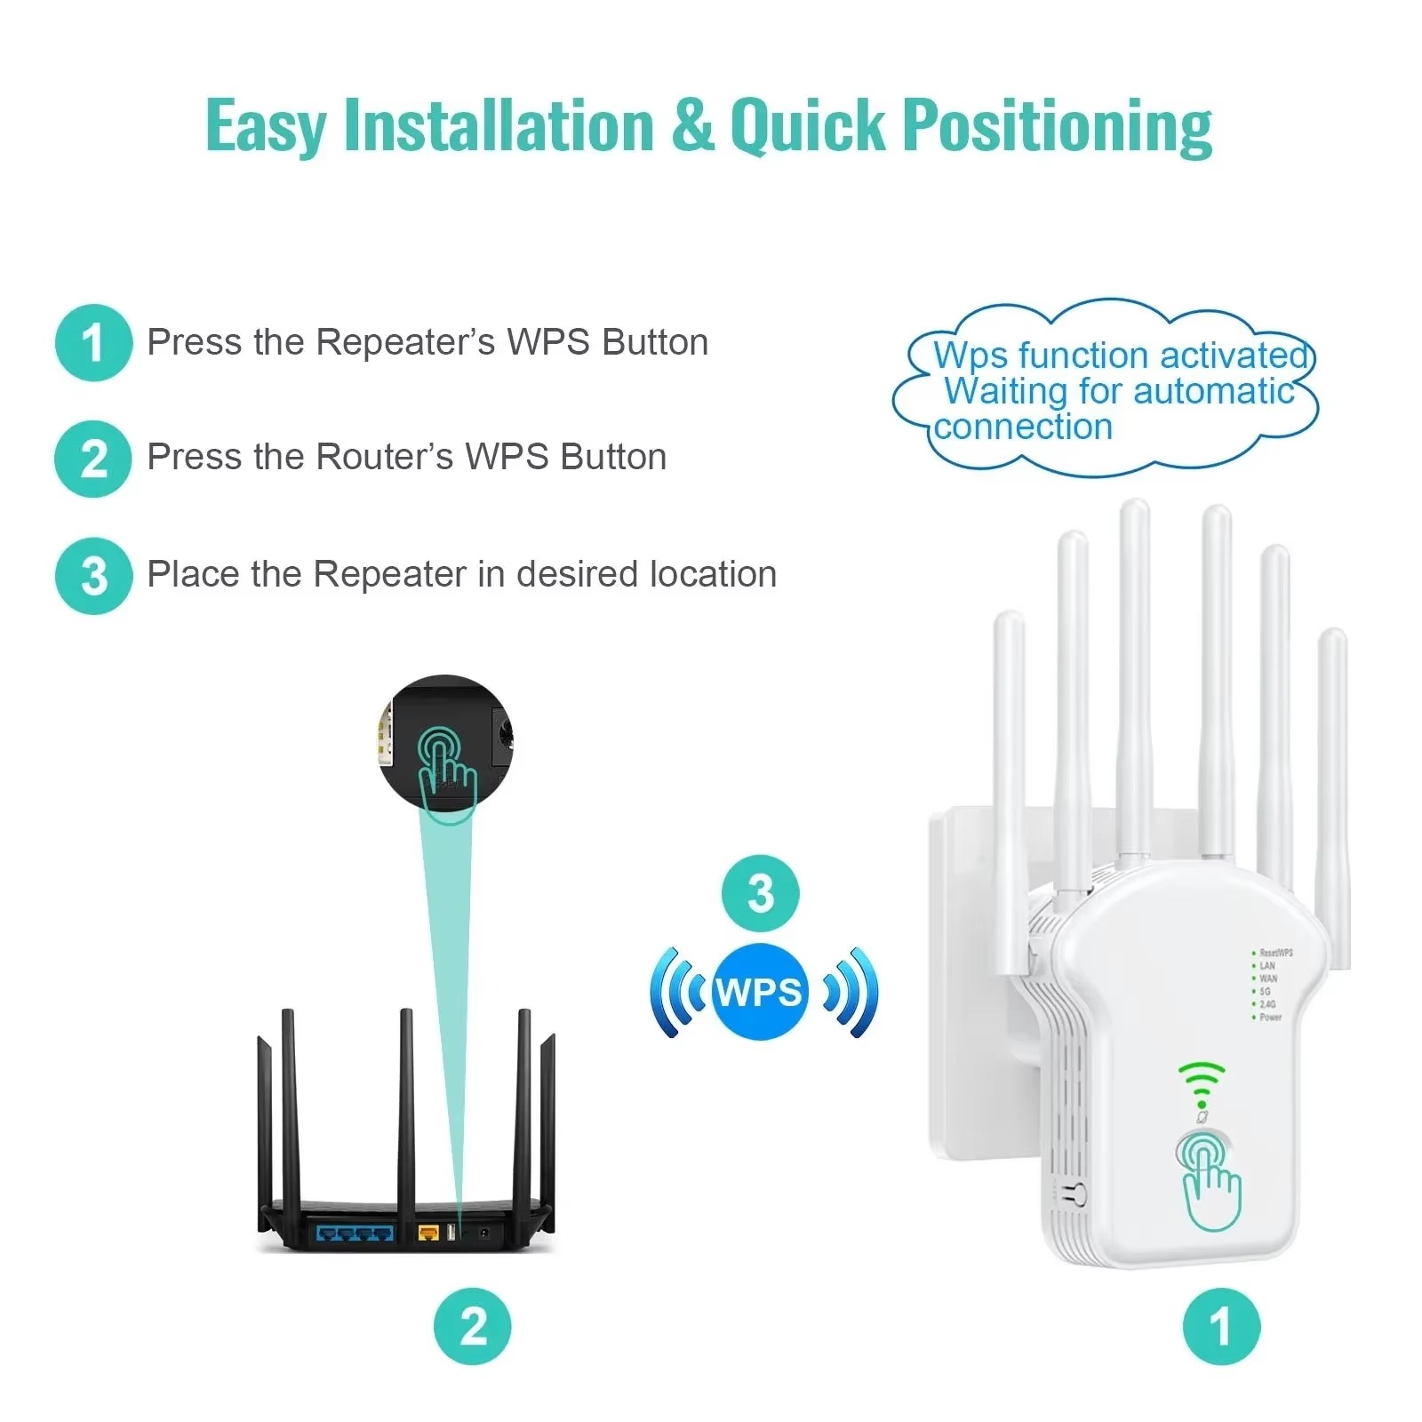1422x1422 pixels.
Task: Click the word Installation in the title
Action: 499,125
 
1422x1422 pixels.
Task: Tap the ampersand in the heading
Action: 693,125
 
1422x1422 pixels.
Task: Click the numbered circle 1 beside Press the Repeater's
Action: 93,343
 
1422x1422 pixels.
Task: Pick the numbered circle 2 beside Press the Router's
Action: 93,459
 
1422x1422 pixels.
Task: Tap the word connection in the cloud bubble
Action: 1023,427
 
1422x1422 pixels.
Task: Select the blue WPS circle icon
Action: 760,992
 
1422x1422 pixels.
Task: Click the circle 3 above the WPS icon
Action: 760,893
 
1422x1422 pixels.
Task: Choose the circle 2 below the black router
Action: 473,1326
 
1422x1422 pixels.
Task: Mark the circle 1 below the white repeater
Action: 1221,1326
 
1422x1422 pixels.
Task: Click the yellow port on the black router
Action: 428,1233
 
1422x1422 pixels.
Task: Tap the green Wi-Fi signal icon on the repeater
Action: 1202,1082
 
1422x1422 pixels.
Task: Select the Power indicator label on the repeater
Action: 1270,1017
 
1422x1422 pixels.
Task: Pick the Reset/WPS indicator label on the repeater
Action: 1275,953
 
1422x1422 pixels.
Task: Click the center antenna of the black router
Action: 406,1111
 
